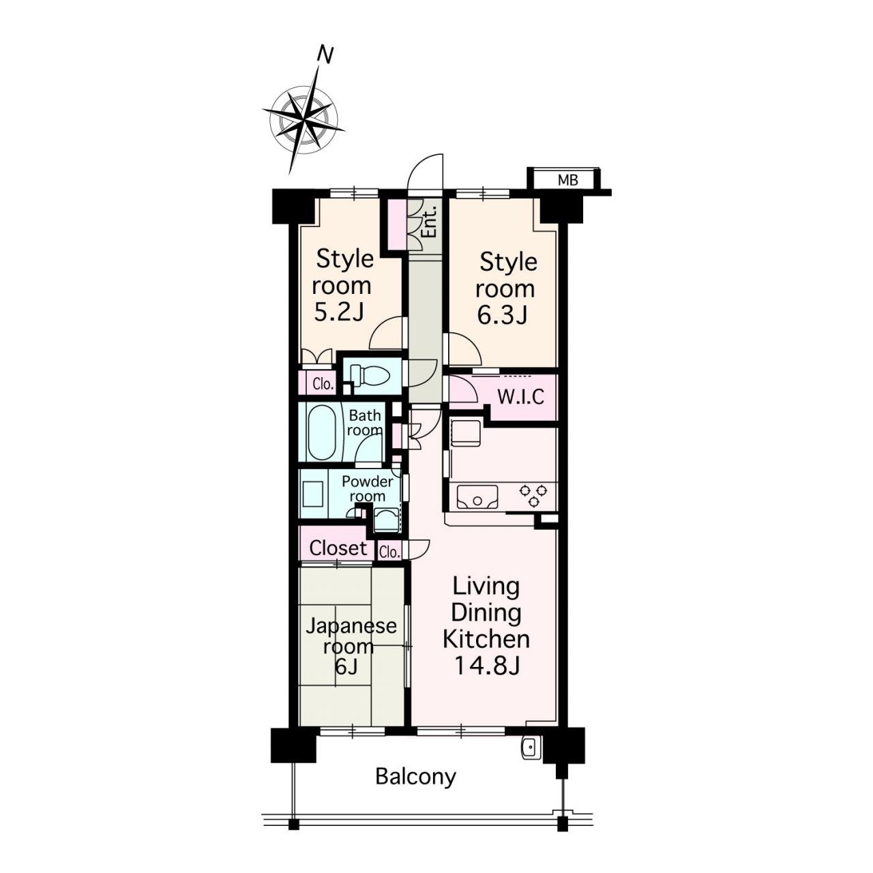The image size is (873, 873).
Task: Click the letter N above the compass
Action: coord(325,55)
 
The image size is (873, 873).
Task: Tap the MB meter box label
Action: coord(567,180)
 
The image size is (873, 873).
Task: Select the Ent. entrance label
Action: coord(430,222)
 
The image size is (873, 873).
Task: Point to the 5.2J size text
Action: coord(340,312)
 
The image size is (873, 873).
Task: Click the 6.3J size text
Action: coord(503,315)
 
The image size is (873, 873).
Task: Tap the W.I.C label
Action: coord(520,397)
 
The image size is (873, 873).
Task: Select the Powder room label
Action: coord(367,488)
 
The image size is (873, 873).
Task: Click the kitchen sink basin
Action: coord(477,497)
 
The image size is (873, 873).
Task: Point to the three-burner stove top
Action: coord(533,494)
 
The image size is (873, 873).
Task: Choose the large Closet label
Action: coord(338,548)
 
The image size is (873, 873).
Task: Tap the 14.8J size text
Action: coord(486,666)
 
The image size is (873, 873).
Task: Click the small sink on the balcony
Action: coord(530,748)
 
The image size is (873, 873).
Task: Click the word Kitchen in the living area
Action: coord(486,639)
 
